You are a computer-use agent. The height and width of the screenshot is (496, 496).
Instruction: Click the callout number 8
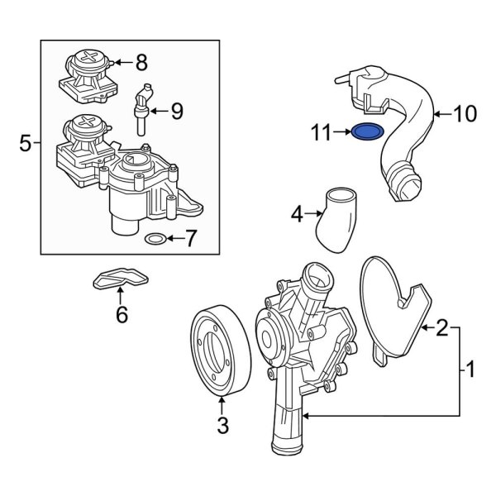[x=141, y=61]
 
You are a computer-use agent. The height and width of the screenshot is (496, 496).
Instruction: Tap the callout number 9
[x=177, y=112]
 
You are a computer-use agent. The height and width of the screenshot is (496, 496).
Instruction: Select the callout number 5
[x=25, y=144]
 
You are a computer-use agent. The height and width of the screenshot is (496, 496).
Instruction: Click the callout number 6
[x=122, y=315]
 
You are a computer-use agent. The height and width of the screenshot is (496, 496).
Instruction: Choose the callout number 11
[x=320, y=131]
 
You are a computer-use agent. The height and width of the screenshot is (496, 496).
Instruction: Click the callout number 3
[x=222, y=427]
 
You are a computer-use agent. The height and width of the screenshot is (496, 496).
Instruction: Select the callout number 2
[x=442, y=330]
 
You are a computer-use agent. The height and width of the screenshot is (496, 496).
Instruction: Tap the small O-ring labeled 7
[x=155, y=241]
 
